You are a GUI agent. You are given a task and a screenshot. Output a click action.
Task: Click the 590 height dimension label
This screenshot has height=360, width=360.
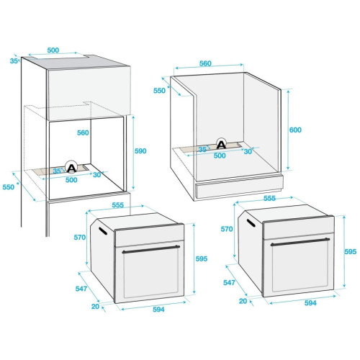[x=140, y=151]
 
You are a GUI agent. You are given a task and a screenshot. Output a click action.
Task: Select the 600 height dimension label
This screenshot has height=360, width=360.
[x=295, y=130]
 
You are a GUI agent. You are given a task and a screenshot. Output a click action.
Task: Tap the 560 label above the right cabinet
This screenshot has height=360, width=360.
[x=205, y=63]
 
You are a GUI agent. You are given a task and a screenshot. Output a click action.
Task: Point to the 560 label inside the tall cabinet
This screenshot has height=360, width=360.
[x=83, y=132]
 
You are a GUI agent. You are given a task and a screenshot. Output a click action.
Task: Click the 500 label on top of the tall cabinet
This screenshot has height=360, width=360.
[x=53, y=50]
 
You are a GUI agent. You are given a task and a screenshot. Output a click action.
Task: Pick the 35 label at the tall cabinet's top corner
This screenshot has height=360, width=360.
[x=14, y=61]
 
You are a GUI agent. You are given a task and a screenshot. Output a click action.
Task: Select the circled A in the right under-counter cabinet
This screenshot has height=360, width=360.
[x=221, y=144]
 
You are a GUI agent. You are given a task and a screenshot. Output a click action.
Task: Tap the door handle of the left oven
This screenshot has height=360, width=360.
[x=151, y=249]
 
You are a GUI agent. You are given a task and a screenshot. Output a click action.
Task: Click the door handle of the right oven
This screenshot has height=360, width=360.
[x=300, y=242]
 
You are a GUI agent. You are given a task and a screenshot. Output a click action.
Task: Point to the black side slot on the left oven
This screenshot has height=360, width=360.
[x=103, y=230]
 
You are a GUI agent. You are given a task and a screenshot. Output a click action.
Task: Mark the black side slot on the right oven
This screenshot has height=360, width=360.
[x=251, y=222]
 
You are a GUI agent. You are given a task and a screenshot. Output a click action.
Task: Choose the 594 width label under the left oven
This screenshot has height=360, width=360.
[x=158, y=310]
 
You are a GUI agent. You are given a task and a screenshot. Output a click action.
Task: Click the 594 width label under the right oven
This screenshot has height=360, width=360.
[x=310, y=303]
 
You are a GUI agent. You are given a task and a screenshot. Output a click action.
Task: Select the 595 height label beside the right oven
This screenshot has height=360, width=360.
[x=351, y=251]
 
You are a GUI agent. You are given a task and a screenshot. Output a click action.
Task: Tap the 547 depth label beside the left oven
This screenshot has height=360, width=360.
[x=81, y=289]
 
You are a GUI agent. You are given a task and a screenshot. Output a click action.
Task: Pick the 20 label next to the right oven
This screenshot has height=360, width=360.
[x=243, y=301]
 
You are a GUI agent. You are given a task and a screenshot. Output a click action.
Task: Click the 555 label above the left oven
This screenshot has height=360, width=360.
[x=118, y=205]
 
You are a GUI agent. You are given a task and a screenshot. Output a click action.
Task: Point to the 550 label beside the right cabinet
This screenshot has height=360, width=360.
[x=159, y=91]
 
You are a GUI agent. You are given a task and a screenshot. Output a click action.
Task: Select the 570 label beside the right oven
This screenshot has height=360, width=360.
[x=227, y=229]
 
